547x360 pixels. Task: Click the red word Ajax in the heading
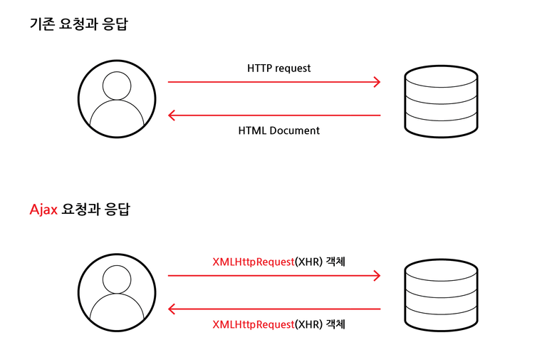tap(43, 210)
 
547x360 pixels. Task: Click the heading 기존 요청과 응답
tap(79, 24)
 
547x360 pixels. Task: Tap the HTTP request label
tap(278, 68)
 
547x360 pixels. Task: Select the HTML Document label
tap(278, 130)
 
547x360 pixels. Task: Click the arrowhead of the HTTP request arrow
tap(377, 82)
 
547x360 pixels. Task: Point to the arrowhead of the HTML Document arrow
tap(172, 115)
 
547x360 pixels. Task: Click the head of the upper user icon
tap(117, 86)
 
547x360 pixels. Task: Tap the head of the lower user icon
tap(117, 279)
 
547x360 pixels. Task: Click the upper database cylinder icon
tap(441, 101)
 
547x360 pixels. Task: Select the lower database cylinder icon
tap(441, 295)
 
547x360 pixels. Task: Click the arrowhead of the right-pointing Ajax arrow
tap(377, 276)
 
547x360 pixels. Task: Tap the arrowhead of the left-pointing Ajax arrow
tap(172, 309)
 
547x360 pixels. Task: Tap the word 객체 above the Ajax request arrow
tap(335, 262)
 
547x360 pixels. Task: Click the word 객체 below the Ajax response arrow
tap(335, 324)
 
